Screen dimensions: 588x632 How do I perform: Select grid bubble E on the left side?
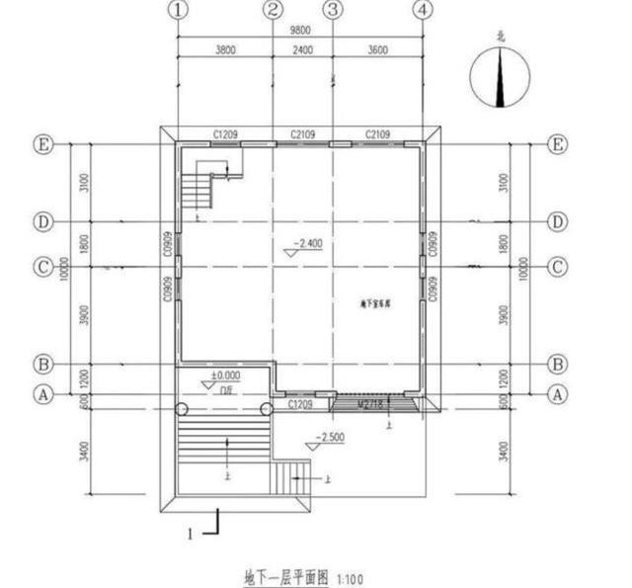pos(43,144)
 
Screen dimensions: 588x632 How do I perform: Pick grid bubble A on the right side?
pos(558,393)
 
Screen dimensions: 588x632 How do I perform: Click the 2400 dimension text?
pos(302,50)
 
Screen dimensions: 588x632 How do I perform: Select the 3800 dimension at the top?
pos(224,50)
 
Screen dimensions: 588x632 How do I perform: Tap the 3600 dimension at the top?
pos(377,50)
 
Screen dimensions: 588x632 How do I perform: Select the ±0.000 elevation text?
pos(225,377)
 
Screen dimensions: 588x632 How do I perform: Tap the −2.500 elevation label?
pos(332,437)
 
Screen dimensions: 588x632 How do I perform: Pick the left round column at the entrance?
pos(182,409)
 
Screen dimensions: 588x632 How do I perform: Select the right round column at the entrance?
pos(267,409)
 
